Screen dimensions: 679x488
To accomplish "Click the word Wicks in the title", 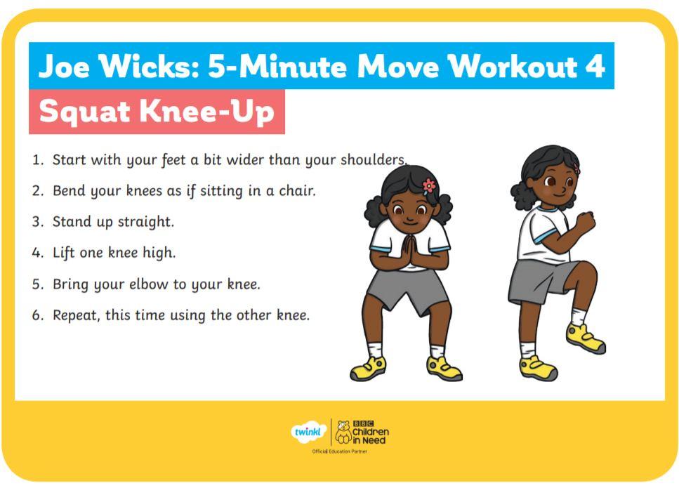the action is tap(149, 66).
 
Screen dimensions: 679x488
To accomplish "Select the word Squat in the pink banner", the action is tap(85, 112).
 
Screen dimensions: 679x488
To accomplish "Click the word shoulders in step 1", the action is tap(374, 160).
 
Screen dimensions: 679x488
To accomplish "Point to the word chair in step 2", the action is tap(297, 190).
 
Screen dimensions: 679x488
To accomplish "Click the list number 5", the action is tap(38, 284).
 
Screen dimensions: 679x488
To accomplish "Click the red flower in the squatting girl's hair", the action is tap(429, 186).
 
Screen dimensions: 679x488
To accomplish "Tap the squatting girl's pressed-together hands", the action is tap(409, 251).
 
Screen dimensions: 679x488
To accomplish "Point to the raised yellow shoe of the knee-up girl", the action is tap(586, 338).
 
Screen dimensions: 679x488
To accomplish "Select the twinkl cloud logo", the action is tap(308, 432).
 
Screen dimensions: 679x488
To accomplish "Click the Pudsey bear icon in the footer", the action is tap(343, 432).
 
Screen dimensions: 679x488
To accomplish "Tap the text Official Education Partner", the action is tap(340, 451).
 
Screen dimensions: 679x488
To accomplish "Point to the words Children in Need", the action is tap(370, 436).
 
